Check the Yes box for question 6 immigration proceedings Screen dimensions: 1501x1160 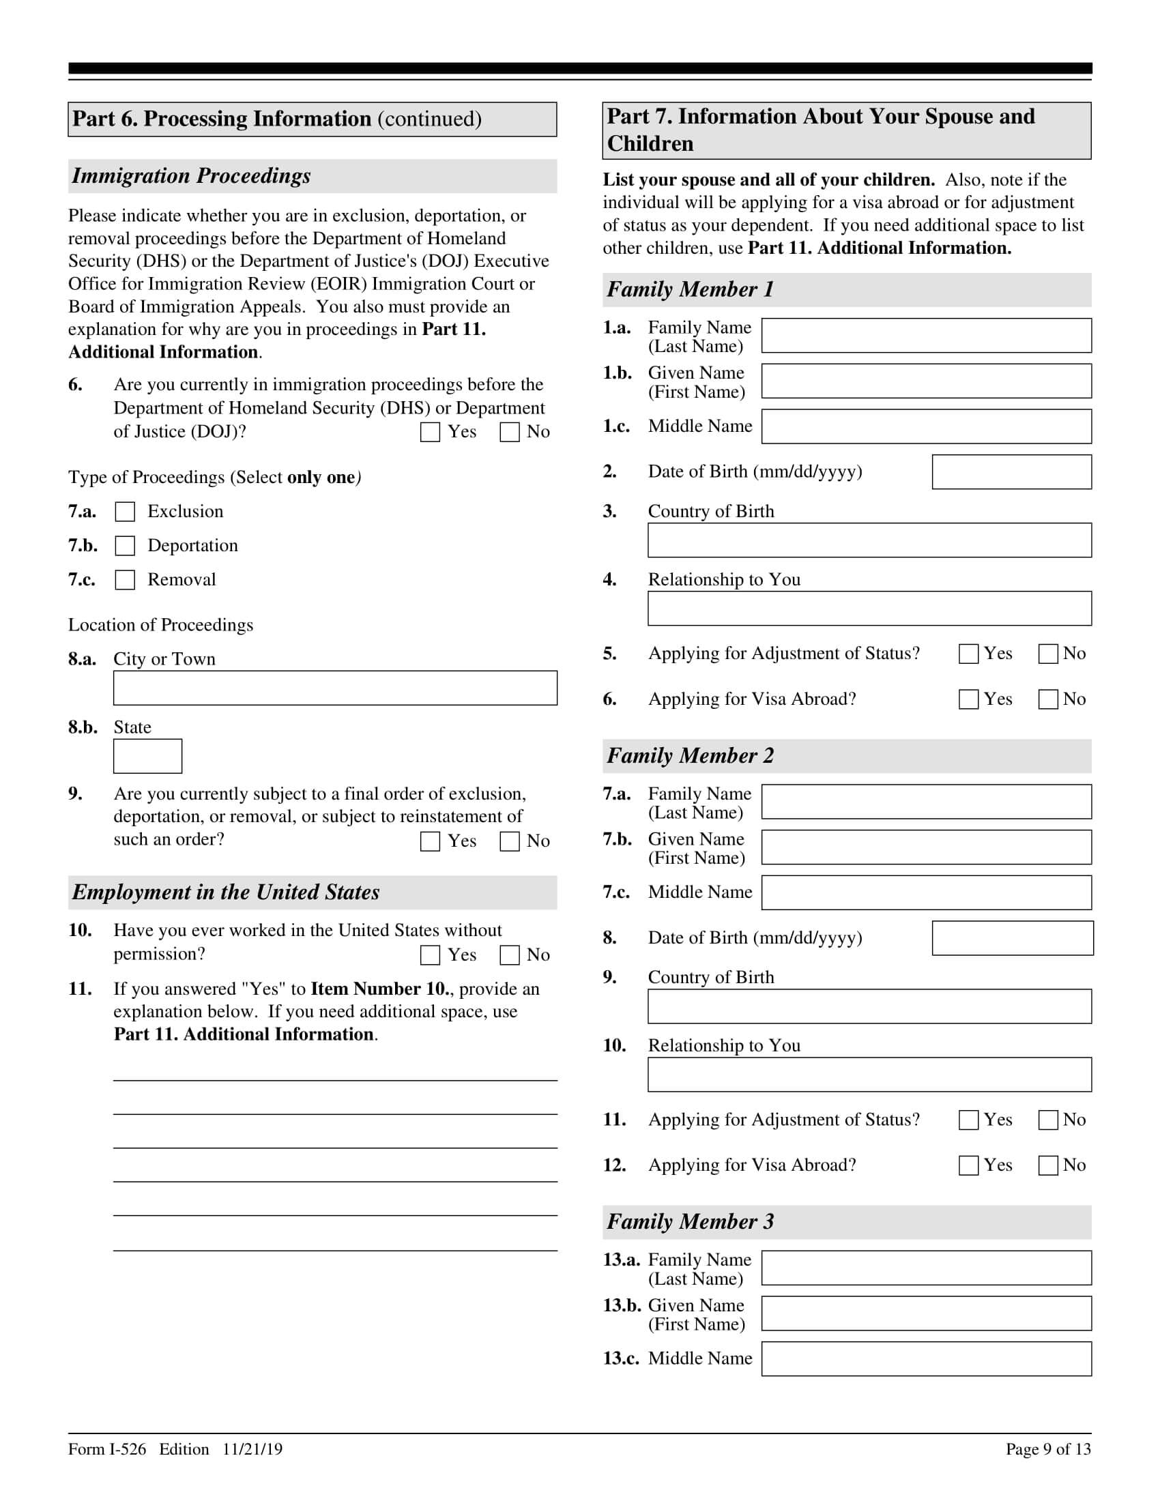tap(430, 433)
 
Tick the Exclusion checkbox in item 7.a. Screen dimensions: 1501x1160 tap(125, 512)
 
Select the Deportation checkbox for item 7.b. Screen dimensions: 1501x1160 tap(125, 546)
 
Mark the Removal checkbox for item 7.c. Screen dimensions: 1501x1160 tap(125, 580)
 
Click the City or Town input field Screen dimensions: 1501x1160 tap(334, 688)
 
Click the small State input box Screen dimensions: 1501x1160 tap(148, 756)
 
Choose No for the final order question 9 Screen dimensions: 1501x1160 tap(509, 842)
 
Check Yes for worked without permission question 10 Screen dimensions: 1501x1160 tap(430, 955)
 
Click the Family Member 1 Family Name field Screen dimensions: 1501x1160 tap(927, 336)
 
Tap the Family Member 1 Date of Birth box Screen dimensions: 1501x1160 tap(1011, 472)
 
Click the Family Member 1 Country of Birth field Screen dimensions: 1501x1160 tap(869, 540)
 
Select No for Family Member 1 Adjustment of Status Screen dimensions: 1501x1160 tap(1048, 654)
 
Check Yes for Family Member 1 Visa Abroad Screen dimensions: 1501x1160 tap(968, 699)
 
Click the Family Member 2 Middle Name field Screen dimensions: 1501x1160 tap(927, 893)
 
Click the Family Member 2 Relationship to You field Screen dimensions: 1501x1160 tap(869, 1075)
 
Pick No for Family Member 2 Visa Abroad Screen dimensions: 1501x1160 tap(1048, 1165)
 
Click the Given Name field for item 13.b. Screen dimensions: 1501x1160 tap(927, 1313)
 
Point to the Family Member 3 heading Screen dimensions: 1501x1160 tap(690, 1222)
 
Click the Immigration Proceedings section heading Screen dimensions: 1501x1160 tap(191, 177)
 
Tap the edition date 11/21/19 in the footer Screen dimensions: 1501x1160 tap(252, 1449)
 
